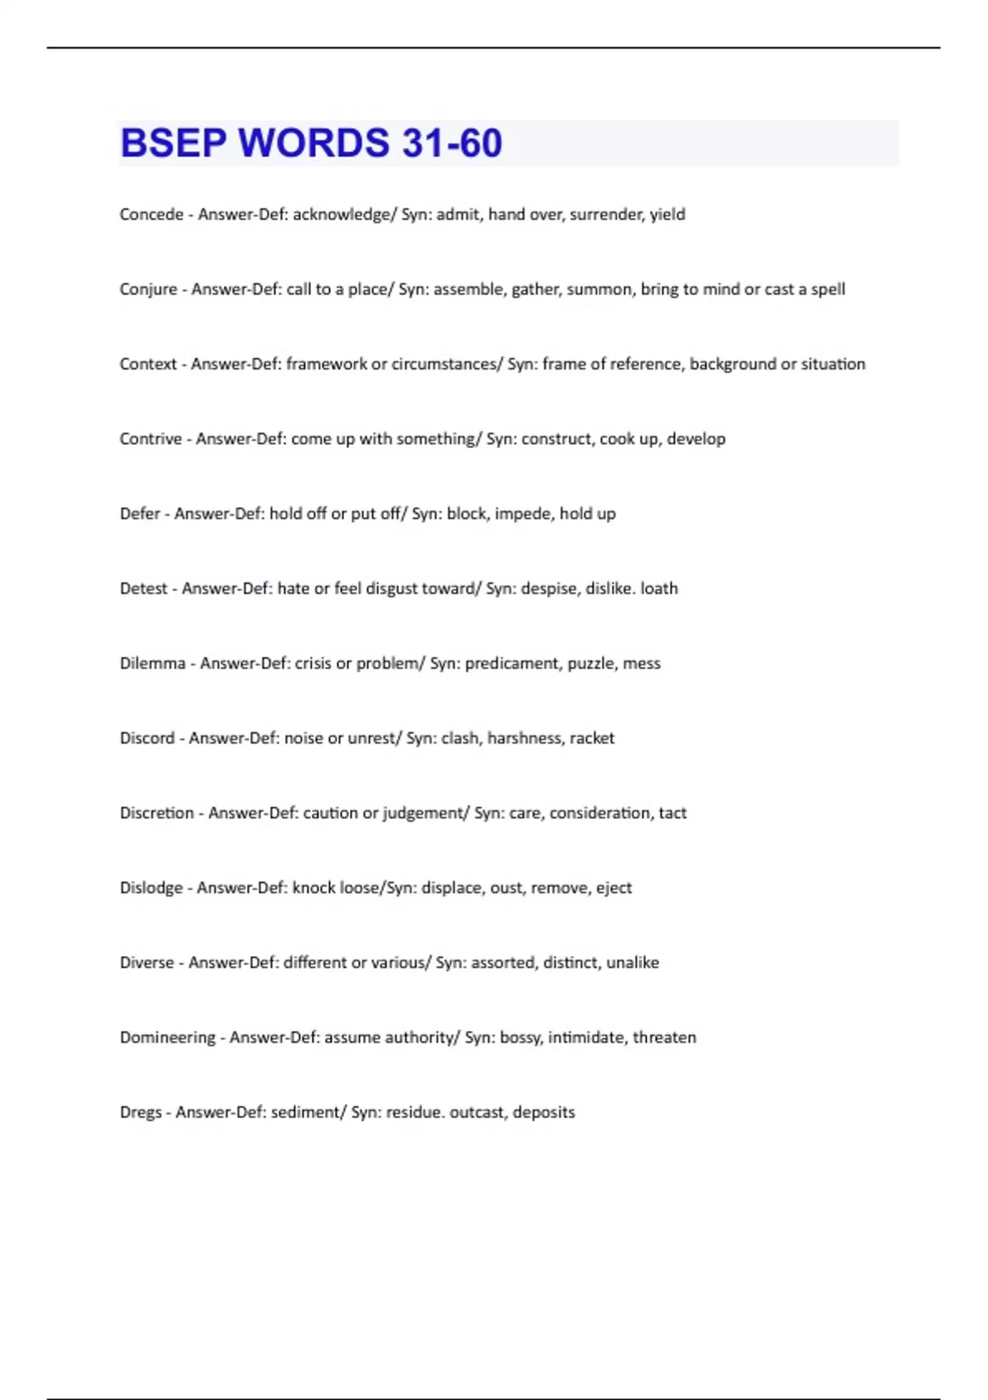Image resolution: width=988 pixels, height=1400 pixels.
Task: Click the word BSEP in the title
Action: coord(173,143)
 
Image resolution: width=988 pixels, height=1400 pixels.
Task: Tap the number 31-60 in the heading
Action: coord(452,143)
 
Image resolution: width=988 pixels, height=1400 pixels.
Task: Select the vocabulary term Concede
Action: coord(151,215)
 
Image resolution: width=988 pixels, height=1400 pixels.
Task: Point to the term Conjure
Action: coord(148,290)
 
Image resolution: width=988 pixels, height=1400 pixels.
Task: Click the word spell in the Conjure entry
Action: coord(827,290)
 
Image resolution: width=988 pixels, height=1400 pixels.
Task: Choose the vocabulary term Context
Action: coord(148,364)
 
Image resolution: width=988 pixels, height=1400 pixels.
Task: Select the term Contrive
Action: coord(151,439)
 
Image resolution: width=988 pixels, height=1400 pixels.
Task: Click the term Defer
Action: coord(140,514)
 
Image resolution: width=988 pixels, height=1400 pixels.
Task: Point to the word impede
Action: coord(523,514)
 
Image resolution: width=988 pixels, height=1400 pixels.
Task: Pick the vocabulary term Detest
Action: coord(144,589)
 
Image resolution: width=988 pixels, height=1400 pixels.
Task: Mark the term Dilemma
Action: coord(152,664)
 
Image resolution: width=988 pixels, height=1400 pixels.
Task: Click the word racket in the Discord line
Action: coord(591,739)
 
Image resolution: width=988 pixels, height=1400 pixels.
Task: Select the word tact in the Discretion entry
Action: coord(672,814)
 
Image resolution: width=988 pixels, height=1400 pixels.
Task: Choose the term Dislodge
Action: coord(151,888)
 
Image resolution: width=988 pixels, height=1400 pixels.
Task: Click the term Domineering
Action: coord(168,1038)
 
